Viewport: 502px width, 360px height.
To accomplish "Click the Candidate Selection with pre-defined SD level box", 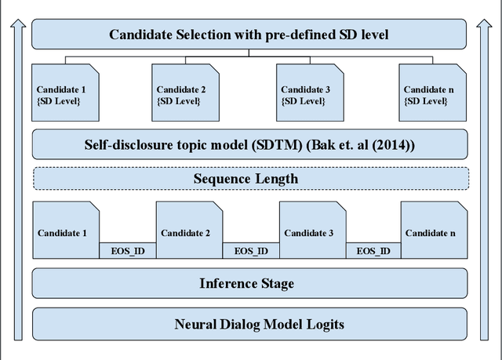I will point(249,35).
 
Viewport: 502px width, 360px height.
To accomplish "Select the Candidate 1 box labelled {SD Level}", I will point(67,94).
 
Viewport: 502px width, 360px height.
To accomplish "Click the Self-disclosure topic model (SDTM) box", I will point(249,144).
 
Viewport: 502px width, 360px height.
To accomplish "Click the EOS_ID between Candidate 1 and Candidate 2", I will point(126,251).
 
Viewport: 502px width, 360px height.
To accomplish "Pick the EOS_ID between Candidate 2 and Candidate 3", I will point(251,251).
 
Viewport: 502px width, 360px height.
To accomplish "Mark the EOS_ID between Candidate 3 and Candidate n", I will point(373,251).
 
